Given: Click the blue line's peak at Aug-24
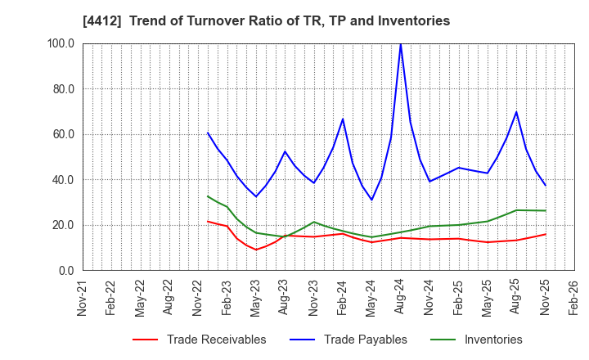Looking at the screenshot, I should point(400,43).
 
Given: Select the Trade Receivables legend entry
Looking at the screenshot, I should point(216,340).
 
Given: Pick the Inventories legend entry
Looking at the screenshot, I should point(492,340).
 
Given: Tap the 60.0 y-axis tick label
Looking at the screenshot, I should point(63,134).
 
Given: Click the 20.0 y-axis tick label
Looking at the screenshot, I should point(63,225).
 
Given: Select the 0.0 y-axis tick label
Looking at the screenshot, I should point(65,271).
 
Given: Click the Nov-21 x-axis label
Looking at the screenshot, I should point(82,299).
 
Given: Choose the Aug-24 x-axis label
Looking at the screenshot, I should point(400,299).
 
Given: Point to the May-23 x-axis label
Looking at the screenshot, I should point(255,299).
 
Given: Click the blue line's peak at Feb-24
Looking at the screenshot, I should point(343,119).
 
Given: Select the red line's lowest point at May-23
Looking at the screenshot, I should point(256,250).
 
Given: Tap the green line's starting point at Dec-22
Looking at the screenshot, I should point(208,196).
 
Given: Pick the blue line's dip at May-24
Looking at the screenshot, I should point(371,200).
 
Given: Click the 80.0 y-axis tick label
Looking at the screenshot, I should point(63,89).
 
